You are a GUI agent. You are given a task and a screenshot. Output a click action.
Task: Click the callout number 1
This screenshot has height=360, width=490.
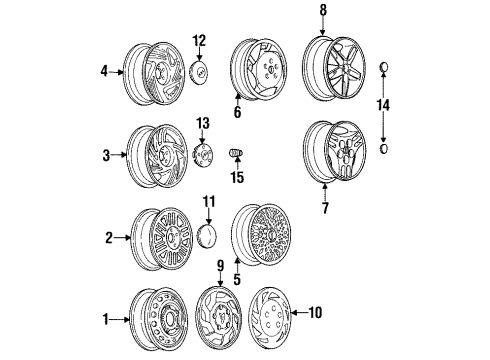[107, 320]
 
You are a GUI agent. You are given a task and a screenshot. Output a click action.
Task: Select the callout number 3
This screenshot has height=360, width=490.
[107, 156]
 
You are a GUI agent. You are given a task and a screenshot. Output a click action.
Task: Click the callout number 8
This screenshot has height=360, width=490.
[323, 11]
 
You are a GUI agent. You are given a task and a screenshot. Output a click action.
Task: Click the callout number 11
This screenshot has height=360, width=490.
[209, 202]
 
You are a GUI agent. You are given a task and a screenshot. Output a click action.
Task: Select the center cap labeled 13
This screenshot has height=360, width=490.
[203, 156]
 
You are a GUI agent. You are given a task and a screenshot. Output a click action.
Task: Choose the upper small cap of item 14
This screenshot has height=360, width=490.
[383, 67]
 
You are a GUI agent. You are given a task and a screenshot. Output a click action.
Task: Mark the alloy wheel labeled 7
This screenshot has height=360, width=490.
[330, 151]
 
